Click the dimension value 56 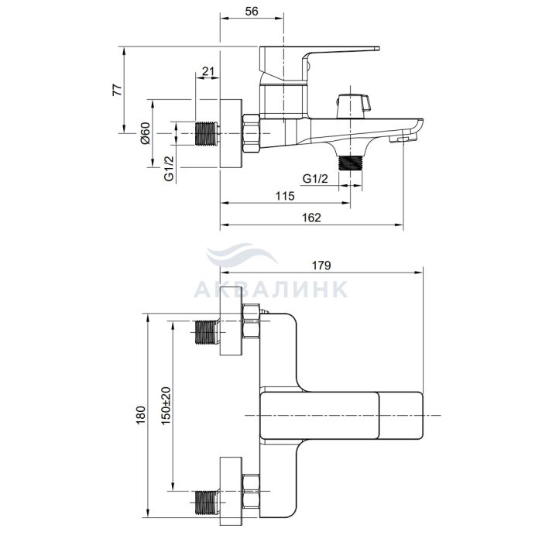point(252,11)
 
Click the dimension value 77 point(118,90)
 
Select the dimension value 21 point(208,71)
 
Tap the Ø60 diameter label point(146,133)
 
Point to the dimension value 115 point(285,196)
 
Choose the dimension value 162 point(311,218)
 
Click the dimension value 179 point(321,265)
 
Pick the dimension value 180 point(141,415)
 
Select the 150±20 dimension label point(166,406)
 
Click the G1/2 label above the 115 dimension point(315,179)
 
